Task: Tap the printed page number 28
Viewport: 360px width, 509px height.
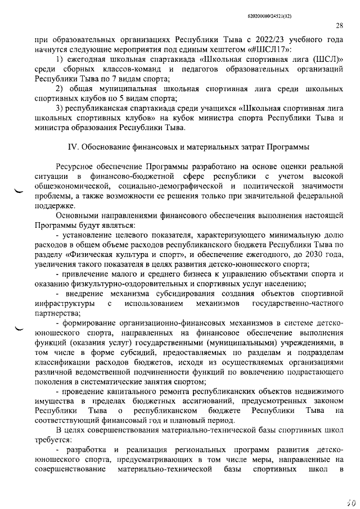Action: coord(339,25)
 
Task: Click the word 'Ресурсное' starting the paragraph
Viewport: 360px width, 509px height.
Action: coord(76,167)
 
